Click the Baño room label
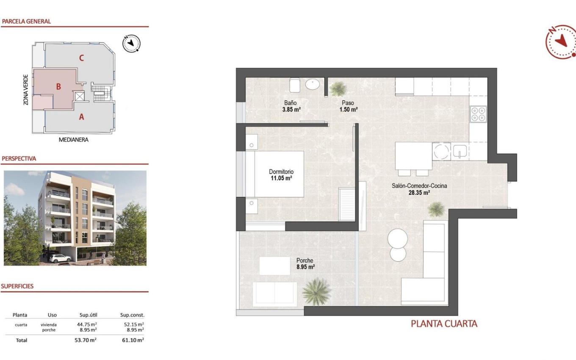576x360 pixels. pyautogui.click(x=291, y=103)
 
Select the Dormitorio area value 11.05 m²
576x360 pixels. pyautogui.click(x=281, y=178)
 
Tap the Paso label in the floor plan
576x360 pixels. pyautogui.click(x=348, y=103)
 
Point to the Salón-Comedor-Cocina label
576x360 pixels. pyautogui.click(x=419, y=186)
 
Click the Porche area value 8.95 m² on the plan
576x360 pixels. pyautogui.click(x=305, y=267)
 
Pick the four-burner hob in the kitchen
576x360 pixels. pyautogui.click(x=479, y=114)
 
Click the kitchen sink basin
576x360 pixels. pyautogui.click(x=460, y=151)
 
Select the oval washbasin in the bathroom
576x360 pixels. pyautogui.click(x=313, y=85)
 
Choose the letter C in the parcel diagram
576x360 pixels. pyautogui.click(x=81, y=58)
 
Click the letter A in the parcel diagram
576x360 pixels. pyautogui.click(x=81, y=117)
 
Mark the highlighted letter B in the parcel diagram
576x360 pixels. pyautogui.click(x=58, y=87)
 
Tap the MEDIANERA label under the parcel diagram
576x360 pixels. pyautogui.click(x=74, y=139)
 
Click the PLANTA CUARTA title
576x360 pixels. pyautogui.click(x=444, y=324)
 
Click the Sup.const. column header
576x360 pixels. pyautogui.click(x=132, y=315)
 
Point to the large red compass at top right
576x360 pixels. pyautogui.click(x=561, y=42)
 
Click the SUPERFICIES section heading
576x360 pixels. pyautogui.click(x=17, y=286)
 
